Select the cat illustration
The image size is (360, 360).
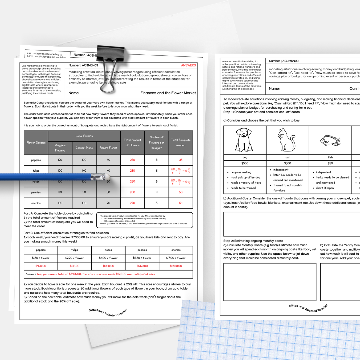[x=286, y=140]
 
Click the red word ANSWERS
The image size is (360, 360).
[x=188, y=65]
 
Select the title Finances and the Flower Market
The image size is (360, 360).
[x=168, y=93]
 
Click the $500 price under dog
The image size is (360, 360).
[x=245, y=163]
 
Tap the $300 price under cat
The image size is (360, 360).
[x=287, y=163]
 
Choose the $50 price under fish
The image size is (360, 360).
[x=330, y=163]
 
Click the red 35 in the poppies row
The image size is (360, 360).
[x=181, y=160]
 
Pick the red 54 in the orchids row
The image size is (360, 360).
[x=181, y=203]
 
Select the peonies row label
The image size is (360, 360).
[x=36, y=192]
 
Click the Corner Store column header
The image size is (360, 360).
[x=84, y=148]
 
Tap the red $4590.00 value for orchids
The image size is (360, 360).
[x=176, y=266]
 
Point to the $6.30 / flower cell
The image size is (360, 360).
[x=142, y=258]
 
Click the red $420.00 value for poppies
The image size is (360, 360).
[x=41, y=266]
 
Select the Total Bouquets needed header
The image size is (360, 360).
[x=181, y=142]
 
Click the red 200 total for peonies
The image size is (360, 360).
[x=132, y=192]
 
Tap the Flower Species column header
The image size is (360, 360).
[x=36, y=143]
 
